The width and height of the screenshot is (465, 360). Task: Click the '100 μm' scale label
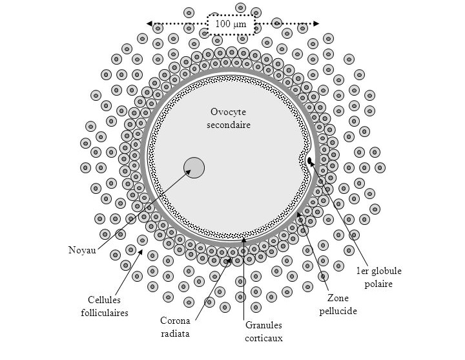tap(231, 24)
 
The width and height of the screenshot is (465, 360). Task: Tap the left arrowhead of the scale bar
tap(150, 24)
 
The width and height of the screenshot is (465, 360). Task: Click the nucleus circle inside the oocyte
tap(194, 168)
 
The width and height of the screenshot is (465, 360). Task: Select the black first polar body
tap(309, 160)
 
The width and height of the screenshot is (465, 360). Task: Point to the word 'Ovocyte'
tap(229, 112)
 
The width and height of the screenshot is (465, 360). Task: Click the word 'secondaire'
tap(229, 125)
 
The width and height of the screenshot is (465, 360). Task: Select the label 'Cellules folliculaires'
tap(108, 306)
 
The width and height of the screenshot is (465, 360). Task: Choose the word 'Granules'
tap(263, 325)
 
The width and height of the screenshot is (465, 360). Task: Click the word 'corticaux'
tap(263, 337)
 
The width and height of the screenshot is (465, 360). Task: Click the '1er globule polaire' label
tap(375, 277)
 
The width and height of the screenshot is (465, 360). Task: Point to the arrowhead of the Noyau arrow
tap(191, 171)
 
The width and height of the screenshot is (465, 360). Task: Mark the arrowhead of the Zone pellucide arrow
tap(298, 214)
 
